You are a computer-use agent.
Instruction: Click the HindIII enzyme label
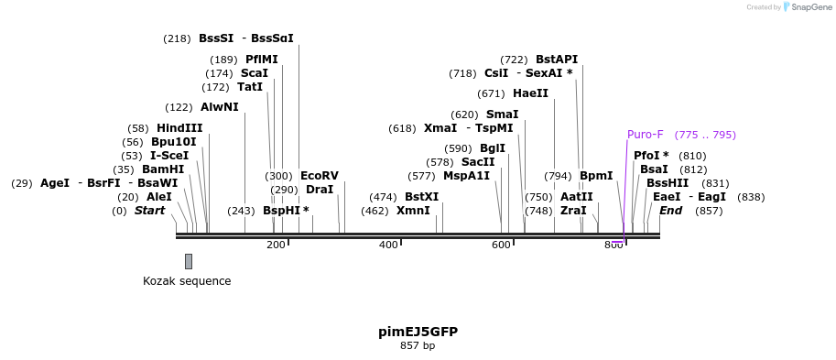pos(179,128)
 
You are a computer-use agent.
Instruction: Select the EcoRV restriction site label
pos(319,176)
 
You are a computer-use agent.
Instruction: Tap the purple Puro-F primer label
pos(645,135)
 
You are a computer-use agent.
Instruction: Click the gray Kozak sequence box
pos(189,261)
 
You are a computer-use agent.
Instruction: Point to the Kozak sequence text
pos(187,281)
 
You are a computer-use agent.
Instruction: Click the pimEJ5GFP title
pos(418,332)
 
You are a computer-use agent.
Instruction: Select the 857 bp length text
pos(418,346)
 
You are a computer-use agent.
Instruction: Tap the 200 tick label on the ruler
pos(276,245)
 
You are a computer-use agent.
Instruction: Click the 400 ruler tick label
pos(388,245)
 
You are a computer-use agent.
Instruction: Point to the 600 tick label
pos(501,245)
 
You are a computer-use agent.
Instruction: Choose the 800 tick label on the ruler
pos(613,245)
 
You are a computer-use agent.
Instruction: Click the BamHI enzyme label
pos(163,169)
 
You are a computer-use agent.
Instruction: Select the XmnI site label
pos(413,211)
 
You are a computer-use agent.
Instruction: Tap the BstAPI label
pos(557,60)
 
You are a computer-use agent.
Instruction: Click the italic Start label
pos(150,211)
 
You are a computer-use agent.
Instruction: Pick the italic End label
pos(670,211)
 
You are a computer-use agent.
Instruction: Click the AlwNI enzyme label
pos(219,107)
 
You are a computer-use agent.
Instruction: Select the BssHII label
pos(668,183)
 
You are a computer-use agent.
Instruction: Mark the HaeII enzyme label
pos(530,93)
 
